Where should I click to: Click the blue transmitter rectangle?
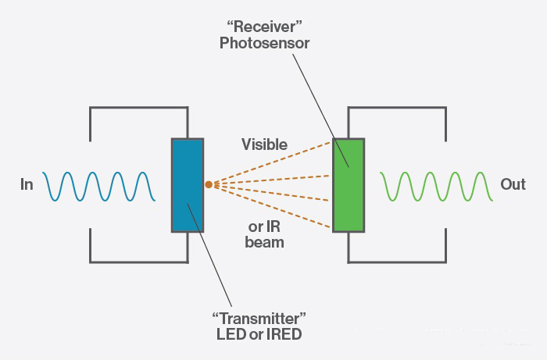click(188, 185)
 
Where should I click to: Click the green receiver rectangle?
click(349, 185)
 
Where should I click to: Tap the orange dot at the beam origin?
click(209, 185)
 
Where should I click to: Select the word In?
click(27, 185)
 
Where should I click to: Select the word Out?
click(513, 185)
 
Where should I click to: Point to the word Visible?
click(264, 144)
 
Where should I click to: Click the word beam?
click(264, 242)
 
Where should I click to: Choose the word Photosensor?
click(264, 44)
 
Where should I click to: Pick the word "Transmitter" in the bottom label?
click(259, 319)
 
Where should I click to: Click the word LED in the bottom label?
click(231, 335)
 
